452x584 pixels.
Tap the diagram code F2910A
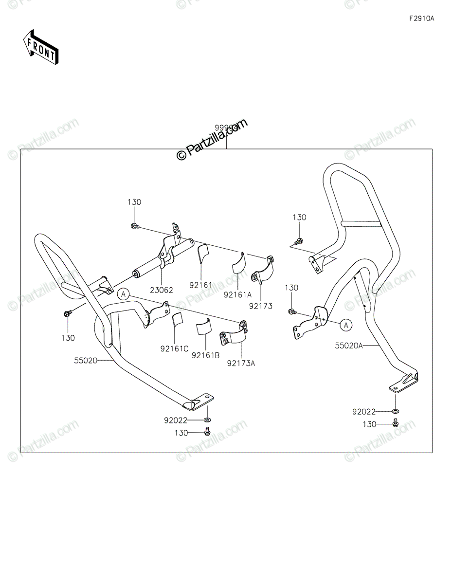point(421,19)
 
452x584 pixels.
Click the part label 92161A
point(237,294)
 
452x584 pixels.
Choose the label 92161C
point(174,348)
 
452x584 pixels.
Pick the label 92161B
point(205,356)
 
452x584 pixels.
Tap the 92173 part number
point(261,306)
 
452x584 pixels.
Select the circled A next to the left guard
point(124,293)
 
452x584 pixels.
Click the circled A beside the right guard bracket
point(345,325)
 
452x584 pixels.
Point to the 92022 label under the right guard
point(364,412)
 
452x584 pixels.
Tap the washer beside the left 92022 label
point(208,419)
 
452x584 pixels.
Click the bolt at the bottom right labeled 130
point(396,424)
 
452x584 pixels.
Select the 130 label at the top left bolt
point(134,202)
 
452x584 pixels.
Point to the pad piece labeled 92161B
point(204,327)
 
